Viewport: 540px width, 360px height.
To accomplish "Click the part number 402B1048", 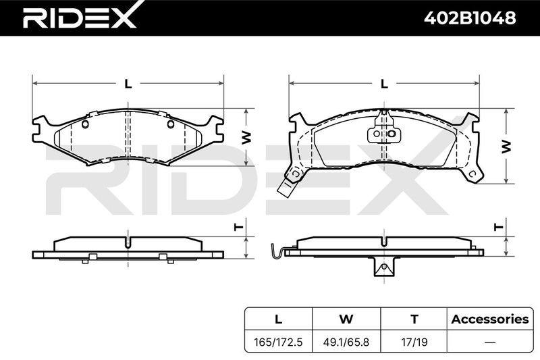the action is [470, 18].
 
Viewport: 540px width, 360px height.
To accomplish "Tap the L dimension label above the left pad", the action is [128, 84].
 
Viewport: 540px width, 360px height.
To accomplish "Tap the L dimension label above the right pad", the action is [384, 84].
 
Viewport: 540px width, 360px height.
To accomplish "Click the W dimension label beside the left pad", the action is [246, 138].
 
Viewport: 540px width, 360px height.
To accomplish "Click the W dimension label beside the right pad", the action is [506, 147].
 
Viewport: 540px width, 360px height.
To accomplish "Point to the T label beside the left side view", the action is [239, 227].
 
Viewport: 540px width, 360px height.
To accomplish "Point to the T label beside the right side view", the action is [498, 227].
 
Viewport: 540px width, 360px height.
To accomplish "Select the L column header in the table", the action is [278, 319].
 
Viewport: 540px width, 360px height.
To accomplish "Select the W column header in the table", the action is [346, 319].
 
